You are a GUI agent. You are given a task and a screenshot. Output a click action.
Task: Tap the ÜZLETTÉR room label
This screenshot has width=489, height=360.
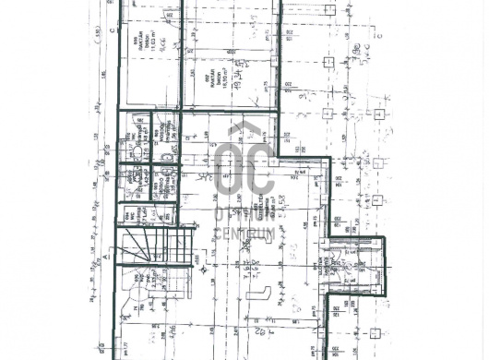coord(264,210)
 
